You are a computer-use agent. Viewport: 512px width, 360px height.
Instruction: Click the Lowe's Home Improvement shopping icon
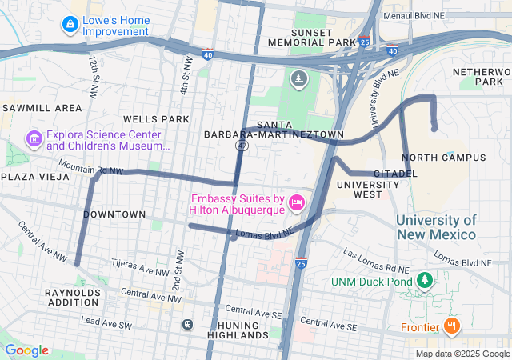pos(71,26)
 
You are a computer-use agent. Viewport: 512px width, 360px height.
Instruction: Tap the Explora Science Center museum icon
pos(34,140)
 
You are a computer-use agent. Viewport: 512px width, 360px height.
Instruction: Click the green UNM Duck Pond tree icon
pos(425,281)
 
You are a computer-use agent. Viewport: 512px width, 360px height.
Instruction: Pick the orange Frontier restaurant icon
pos(452,326)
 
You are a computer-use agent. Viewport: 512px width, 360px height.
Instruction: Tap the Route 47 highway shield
pos(242,146)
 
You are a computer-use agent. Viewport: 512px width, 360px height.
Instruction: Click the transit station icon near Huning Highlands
pos(187,325)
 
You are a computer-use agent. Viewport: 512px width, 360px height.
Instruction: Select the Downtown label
pos(114,214)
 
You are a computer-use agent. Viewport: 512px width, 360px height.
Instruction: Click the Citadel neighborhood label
pos(395,173)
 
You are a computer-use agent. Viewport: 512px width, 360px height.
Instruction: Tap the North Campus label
pos(443,158)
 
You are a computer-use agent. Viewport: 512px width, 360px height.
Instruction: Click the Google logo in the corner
pos(26,350)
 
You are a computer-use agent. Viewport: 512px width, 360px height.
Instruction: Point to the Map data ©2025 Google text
pos(462,354)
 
